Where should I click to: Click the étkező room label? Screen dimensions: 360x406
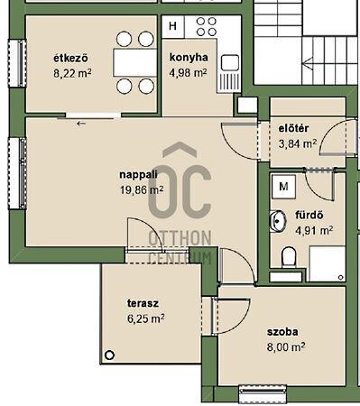click(x=70, y=58)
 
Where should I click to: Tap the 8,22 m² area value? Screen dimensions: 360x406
click(x=72, y=73)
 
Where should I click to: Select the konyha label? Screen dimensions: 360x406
click(x=189, y=57)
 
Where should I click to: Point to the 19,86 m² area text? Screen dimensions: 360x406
click(x=142, y=190)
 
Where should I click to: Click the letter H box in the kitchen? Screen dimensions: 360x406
click(x=173, y=26)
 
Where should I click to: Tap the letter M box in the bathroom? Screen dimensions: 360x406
click(x=283, y=187)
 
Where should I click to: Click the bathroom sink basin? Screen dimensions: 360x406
click(x=278, y=221)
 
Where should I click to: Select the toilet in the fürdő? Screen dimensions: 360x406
click(x=289, y=256)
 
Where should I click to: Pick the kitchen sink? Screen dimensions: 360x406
click(x=230, y=63)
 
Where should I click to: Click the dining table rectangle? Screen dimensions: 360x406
click(x=135, y=62)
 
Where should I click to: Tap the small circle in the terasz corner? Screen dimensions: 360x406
click(x=110, y=355)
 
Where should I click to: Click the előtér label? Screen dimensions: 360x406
click(x=293, y=128)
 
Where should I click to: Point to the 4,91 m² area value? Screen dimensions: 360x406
click(x=314, y=231)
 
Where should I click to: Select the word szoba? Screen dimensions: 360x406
click(x=282, y=332)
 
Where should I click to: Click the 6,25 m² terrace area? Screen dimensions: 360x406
click(x=146, y=318)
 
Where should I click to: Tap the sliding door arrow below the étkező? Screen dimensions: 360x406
click(x=81, y=124)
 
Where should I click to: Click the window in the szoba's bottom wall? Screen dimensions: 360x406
click(x=263, y=393)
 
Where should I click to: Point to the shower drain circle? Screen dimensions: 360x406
click(x=341, y=277)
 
